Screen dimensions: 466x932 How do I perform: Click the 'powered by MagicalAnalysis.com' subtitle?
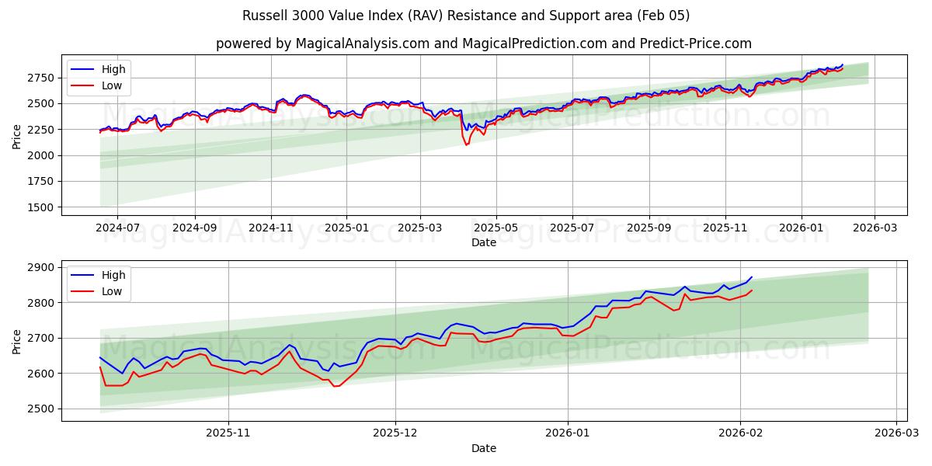coord(483,43)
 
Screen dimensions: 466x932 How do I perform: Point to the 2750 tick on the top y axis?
coord(40,78)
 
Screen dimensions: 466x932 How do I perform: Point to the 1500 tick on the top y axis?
coord(40,207)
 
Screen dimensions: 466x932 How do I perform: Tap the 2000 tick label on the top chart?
coord(40,155)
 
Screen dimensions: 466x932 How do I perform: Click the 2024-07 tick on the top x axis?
coord(117,228)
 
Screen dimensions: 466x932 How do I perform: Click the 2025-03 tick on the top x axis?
coord(420,228)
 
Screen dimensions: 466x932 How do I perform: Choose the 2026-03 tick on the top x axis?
coord(875,228)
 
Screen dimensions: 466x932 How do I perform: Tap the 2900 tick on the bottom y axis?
coord(40,267)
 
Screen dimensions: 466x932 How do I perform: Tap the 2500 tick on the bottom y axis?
coord(40,409)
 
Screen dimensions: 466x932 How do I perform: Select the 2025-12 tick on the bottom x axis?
coord(395,433)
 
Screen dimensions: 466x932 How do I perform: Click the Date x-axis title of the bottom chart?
coord(483,448)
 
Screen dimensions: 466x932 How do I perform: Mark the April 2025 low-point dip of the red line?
coord(466,144)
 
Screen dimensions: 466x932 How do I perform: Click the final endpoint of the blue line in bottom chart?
coord(752,277)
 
